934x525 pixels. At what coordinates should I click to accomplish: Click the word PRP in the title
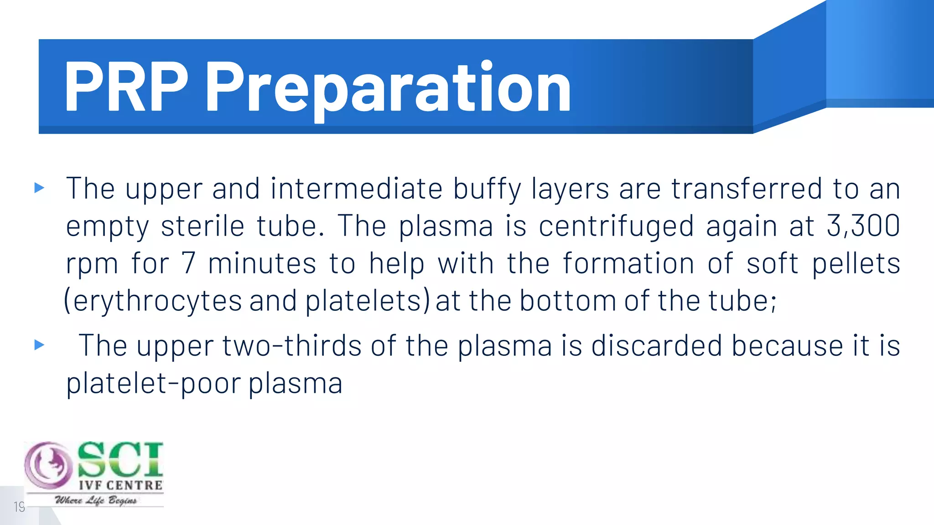pos(125,87)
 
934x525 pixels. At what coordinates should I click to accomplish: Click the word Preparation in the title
pos(388,89)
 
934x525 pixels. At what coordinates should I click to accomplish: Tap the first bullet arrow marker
pos(40,188)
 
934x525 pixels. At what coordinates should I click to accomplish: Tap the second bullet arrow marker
pos(40,345)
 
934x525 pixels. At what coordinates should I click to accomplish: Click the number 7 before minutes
pos(188,263)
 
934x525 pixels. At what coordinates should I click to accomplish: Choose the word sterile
pos(202,226)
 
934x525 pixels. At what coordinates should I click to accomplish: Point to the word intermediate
pos(356,188)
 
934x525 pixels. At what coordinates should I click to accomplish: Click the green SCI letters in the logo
pos(119,459)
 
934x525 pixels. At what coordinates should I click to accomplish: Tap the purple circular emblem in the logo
pos(48,465)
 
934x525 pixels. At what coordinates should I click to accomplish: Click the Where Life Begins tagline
pos(96,500)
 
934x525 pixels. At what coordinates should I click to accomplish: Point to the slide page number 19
pos(19,507)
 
